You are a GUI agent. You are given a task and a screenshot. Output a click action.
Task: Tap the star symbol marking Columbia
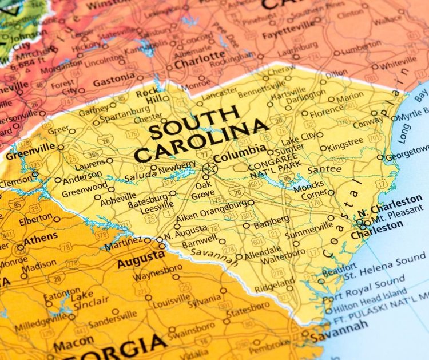pos(209,169)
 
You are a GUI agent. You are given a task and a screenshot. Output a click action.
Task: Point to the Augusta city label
pos(141,259)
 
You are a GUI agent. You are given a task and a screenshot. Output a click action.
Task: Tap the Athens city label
pos(41,237)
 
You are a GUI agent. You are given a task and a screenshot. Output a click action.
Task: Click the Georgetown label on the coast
pos(407,156)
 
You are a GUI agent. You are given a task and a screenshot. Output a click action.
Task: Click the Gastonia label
pos(114,82)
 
